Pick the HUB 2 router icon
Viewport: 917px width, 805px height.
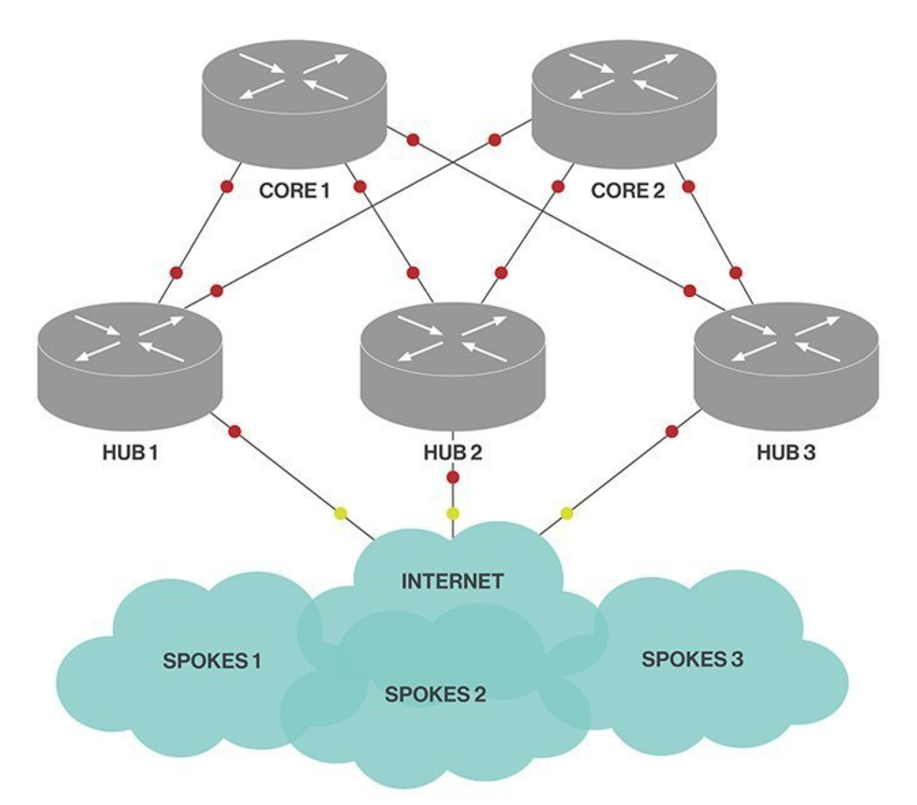[x=453, y=363]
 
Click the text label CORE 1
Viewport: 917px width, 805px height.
[x=294, y=191]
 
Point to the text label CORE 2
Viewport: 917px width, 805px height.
[x=628, y=191]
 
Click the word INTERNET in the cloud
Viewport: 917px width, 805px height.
[x=452, y=582]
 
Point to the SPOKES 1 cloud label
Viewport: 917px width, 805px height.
[x=212, y=662]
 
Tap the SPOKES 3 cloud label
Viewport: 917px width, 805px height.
[x=692, y=659]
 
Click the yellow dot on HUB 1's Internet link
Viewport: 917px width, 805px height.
[x=341, y=513]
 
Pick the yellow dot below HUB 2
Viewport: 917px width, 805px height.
[x=453, y=513]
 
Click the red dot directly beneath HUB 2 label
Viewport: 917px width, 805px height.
[x=453, y=478]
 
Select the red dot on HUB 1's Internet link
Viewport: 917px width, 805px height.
[x=234, y=431]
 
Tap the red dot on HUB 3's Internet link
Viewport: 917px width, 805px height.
[x=671, y=431]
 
